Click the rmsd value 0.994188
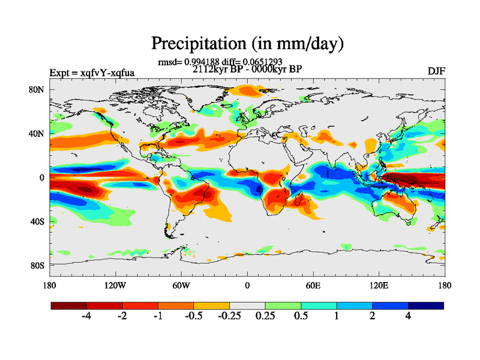pyautogui.click(x=200, y=61)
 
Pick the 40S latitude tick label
pyautogui.click(x=38, y=221)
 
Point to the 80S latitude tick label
pyautogui.click(x=38, y=265)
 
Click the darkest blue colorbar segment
pyautogui.click(x=426, y=305)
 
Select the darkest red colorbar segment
pyautogui.click(x=69, y=305)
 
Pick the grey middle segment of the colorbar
pyautogui.click(x=247, y=305)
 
